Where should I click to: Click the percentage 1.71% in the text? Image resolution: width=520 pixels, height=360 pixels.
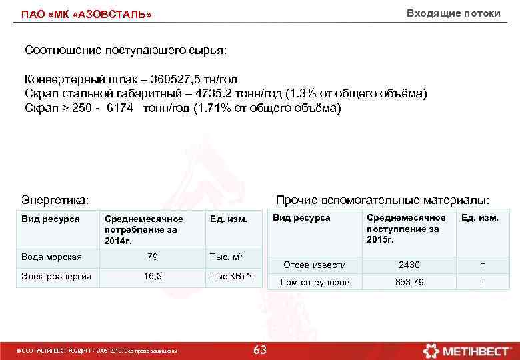tap(214, 107)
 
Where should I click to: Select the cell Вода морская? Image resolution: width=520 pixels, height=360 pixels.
tap(51, 257)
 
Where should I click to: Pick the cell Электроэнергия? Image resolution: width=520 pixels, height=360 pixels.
tap(56, 275)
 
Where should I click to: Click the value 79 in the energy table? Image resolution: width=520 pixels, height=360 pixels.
tap(152, 257)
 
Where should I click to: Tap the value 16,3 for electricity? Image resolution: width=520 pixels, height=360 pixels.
tap(152, 275)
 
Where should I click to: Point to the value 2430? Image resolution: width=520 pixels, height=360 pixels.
tap(409, 265)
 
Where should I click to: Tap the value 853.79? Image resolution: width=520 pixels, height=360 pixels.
tap(409, 282)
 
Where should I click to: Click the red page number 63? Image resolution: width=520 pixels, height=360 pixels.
tap(260, 350)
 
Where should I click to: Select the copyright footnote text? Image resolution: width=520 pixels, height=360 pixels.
tap(96, 351)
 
